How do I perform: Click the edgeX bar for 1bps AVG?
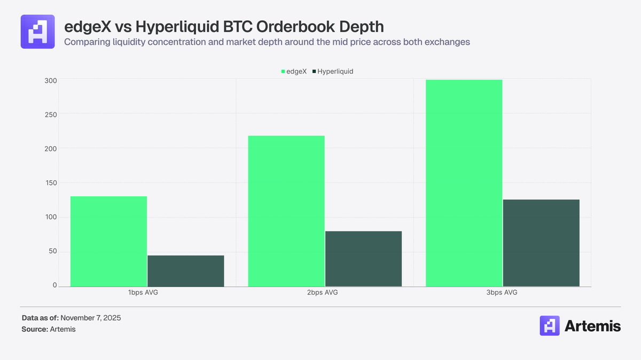[x=108, y=241]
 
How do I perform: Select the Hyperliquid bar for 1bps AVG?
[x=186, y=271]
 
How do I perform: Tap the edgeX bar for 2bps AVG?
[x=286, y=211]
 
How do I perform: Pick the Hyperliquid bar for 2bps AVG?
[x=363, y=259]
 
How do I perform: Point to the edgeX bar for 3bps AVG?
[x=464, y=183]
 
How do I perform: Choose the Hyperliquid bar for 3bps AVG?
[x=541, y=243]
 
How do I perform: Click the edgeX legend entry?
[x=294, y=71]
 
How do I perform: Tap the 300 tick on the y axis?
[x=51, y=79]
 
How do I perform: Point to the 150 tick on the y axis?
[x=51, y=183]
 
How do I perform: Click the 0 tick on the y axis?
[x=54, y=286]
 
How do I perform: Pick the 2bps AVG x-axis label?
[x=324, y=293]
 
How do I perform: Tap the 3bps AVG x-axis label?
[x=503, y=293]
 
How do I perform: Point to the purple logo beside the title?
[x=38, y=31]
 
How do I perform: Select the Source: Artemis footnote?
[x=49, y=329]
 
